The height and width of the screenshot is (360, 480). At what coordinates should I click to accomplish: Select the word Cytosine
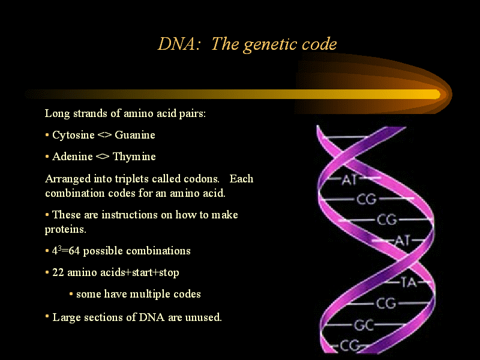(x=73, y=135)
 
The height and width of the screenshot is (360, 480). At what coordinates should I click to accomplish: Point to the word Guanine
(x=135, y=135)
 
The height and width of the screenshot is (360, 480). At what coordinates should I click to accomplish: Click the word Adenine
(x=73, y=157)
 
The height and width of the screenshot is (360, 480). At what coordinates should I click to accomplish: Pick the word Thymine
(x=134, y=157)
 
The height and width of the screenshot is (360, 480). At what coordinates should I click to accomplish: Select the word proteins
(x=65, y=230)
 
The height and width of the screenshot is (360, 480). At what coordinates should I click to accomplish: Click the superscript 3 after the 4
(x=59, y=248)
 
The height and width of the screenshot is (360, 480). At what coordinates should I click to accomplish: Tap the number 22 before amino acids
(x=58, y=272)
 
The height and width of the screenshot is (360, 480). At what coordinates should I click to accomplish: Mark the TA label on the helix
(x=409, y=282)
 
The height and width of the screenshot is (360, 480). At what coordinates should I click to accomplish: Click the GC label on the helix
(x=364, y=325)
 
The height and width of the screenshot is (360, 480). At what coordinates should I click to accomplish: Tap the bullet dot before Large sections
(x=47, y=316)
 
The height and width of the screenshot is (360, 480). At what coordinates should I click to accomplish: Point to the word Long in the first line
(x=58, y=114)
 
